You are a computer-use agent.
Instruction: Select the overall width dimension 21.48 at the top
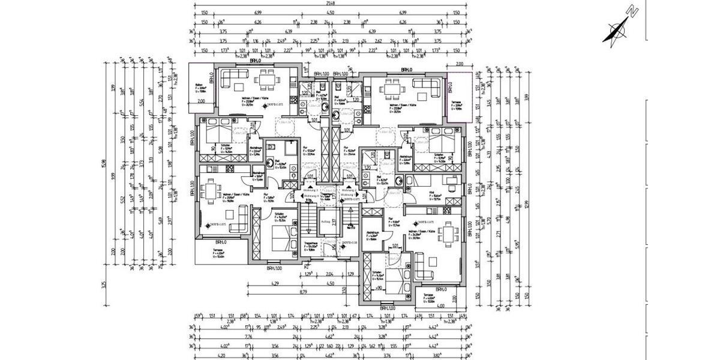[x=330, y=4]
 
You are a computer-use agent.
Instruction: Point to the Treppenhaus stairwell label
[x=310, y=243]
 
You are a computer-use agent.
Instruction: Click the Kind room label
[x=431, y=193]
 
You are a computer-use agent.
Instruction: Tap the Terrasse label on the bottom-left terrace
[x=220, y=251]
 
